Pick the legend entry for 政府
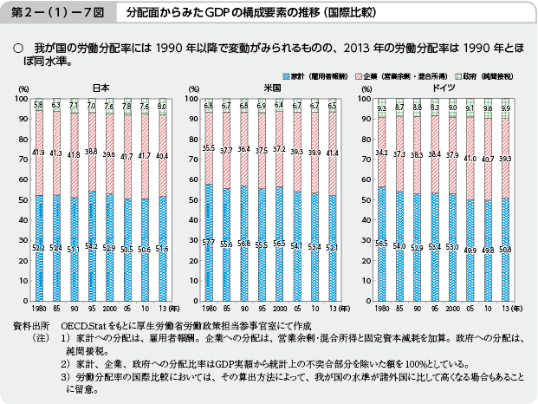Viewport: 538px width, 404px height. click(476, 77)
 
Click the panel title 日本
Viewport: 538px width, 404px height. click(100, 88)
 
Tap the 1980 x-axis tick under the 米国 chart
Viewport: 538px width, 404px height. click(211, 306)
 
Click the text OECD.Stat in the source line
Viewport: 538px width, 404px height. click(80, 324)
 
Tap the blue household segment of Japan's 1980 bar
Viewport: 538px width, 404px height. click(39, 251)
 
